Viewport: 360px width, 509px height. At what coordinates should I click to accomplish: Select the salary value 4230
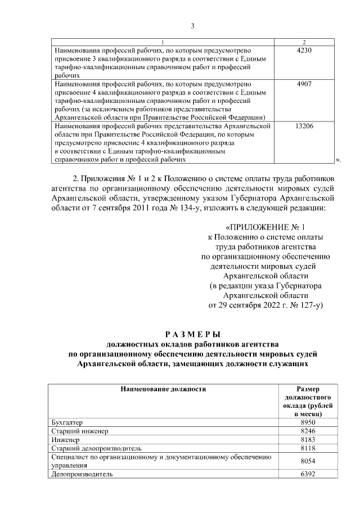[x=304, y=51]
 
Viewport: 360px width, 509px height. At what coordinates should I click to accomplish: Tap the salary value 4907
[x=304, y=84]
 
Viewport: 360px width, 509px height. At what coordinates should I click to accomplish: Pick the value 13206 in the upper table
[x=304, y=126]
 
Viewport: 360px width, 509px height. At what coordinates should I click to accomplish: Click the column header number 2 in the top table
[x=304, y=43]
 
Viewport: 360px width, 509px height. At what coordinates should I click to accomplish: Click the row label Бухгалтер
[x=66, y=422]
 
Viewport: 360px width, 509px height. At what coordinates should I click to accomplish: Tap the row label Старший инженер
[x=79, y=431]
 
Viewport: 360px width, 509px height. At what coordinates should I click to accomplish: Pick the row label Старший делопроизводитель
[x=92, y=448]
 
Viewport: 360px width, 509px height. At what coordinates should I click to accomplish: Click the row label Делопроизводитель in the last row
[x=82, y=474]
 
